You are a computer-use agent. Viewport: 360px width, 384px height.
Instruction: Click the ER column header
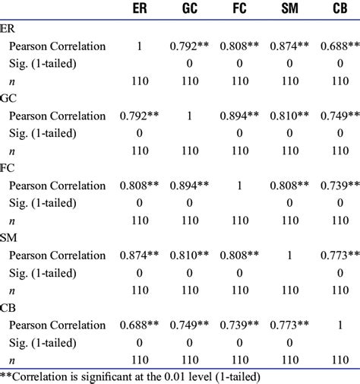tap(139, 11)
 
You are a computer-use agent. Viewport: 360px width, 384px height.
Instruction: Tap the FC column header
tap(240, 11)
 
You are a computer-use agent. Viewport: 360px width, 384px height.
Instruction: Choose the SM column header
tap(289, 11)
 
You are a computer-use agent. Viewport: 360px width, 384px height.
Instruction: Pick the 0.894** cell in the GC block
tap(241, 116)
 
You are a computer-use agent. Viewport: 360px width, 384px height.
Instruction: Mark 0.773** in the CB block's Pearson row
tap(289, 325)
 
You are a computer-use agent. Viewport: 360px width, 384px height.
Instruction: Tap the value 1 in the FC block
tap(240, 186)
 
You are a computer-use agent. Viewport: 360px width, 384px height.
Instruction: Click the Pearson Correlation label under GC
tap(57, 116)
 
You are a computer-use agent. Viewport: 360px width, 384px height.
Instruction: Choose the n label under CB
tap(12, 360)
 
